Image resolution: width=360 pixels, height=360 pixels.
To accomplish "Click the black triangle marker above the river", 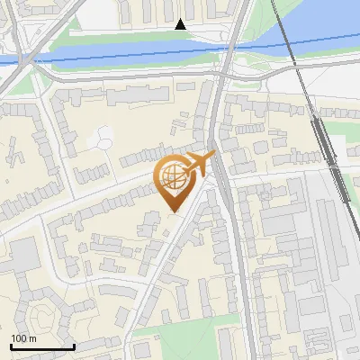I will [x=180, y=24].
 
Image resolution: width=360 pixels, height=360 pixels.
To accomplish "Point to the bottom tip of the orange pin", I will [x=174, y=211].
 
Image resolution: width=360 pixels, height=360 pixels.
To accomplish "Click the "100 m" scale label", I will [x=23, y=338].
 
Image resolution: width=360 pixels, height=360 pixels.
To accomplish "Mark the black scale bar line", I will [x=42, y=346].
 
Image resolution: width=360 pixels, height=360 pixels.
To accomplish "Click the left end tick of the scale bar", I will [x=11, y=345].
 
